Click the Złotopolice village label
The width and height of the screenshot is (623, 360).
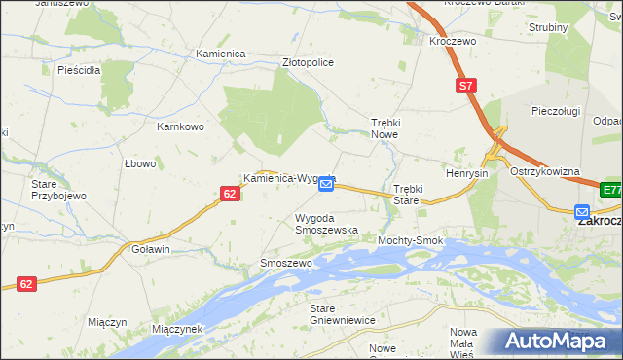coord(307,62)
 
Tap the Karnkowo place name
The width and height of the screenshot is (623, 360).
coord(180,126)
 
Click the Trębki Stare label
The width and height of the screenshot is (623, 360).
coord(406,194)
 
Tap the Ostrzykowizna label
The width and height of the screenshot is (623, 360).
coord(545,171)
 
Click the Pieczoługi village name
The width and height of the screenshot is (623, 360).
coord(556,111)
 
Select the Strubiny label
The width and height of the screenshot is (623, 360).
coord(548,27)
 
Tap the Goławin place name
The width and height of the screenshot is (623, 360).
coord(151,249)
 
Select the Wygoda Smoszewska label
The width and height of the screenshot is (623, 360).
coord(326,224)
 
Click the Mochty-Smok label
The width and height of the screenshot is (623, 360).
coord(411,240)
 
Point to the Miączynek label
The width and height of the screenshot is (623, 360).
coord(176,329)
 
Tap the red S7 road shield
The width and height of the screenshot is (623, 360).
coord(466,87)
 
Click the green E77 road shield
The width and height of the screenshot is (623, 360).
coord(611,190)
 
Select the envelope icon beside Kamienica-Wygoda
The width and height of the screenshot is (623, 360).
coord(327,183)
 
